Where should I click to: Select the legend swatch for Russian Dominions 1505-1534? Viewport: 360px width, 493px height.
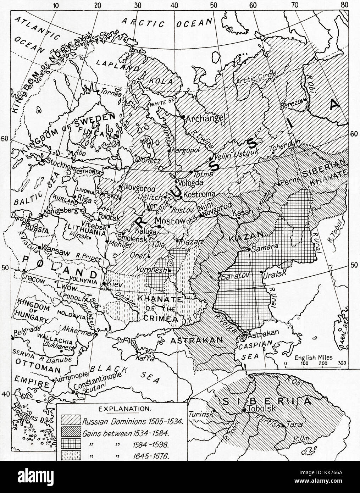click(x=71, y=422)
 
